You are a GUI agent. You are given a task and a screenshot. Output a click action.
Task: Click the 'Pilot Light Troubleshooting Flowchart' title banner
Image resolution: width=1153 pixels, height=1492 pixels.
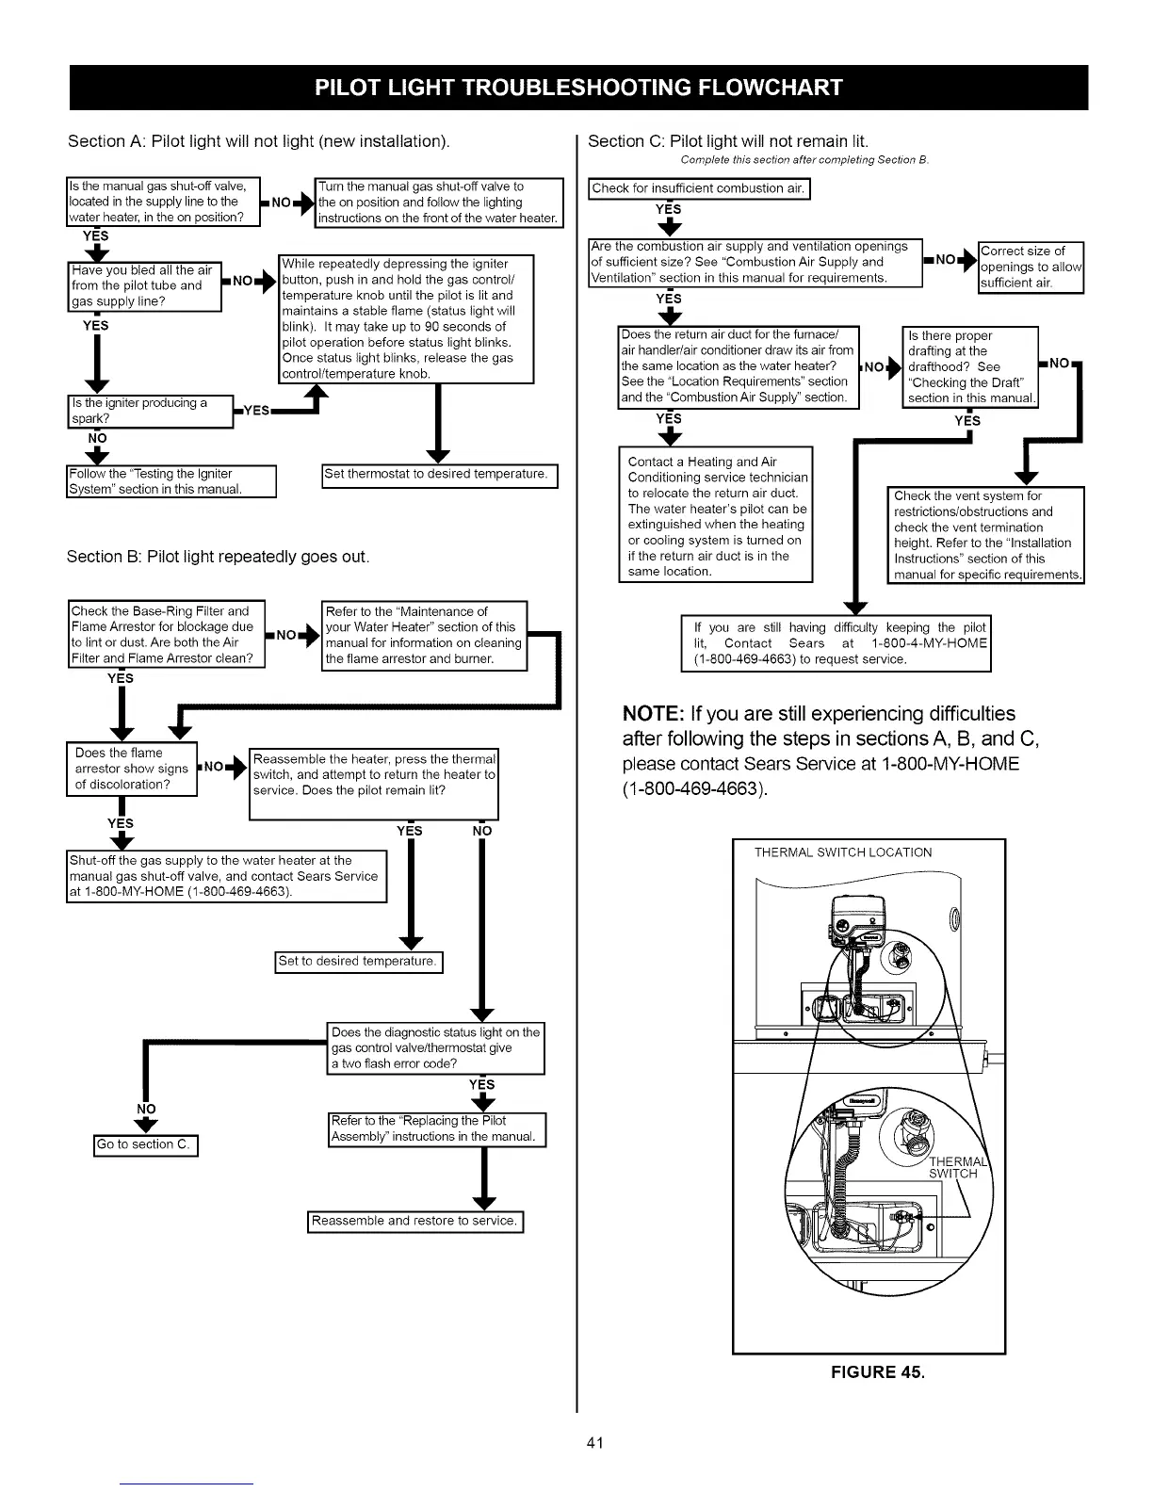[x=578, y=88]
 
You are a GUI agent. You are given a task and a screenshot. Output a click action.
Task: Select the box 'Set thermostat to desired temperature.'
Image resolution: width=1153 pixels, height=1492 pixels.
[x=439, y=476]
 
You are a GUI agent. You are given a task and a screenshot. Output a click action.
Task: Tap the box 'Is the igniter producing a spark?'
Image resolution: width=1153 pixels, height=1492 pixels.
[x=151, y=412]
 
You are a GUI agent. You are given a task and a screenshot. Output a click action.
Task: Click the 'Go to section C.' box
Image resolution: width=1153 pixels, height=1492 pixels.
[x=146, y=1145]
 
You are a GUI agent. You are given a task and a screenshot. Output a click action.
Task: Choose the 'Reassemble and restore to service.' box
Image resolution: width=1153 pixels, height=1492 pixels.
[x=415, y=1222]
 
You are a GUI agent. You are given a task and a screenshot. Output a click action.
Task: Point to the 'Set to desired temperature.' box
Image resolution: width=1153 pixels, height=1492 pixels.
[x=358, y=962]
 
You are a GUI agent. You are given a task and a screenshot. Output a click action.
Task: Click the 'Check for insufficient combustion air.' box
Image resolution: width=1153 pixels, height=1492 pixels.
[x=698, y=188]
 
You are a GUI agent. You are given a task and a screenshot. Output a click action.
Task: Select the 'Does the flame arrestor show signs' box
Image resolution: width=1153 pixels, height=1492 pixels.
[x=132, y=769]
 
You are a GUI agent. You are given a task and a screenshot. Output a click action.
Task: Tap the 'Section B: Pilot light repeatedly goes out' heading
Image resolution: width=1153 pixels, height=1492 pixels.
[x=218, y=557]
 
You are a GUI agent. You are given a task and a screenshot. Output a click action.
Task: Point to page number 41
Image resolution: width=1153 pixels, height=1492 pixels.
[x=594, y=1443]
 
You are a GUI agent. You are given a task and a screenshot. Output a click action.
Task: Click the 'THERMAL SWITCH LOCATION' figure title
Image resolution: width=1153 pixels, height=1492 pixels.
[x=843, y=853]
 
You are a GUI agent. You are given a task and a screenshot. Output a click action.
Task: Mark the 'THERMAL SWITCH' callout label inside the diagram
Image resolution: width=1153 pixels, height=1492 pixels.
[x=953, y=1168]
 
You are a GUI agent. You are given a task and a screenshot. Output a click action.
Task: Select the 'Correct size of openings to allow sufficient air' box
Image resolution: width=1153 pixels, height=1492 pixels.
[x=1031, y=268]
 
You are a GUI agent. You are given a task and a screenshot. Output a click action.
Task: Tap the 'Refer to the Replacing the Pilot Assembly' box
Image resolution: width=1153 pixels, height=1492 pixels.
[x=437, y=1129]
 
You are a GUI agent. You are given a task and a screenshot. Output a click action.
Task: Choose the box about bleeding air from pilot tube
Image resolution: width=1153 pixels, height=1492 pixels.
[x=145, y=286]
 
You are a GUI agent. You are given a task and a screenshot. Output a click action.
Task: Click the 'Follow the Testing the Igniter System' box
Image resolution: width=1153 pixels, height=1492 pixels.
[x=171, y=481]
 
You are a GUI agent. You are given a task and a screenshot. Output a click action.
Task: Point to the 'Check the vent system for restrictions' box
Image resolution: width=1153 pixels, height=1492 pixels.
[x=986, y=535]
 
